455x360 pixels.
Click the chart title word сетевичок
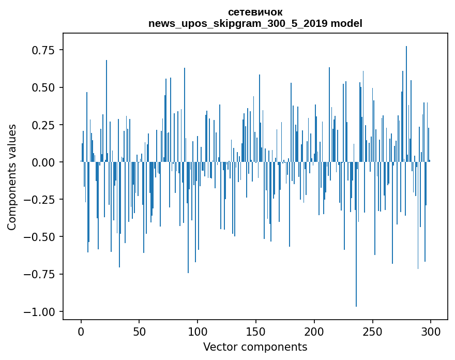(255, 12)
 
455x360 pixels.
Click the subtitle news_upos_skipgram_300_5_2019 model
(255, 23)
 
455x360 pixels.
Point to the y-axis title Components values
(11, 177)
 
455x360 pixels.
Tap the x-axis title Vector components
(255, 347)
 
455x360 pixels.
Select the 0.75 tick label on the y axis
(43, 50)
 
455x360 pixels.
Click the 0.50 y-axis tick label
(43, 87)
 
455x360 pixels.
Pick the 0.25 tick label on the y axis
(43, 125)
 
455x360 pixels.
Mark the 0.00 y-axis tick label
(43, 162)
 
